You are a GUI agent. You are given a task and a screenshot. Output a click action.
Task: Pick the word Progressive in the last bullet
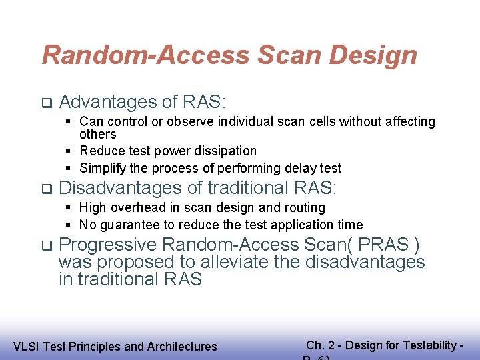tap(108, 244)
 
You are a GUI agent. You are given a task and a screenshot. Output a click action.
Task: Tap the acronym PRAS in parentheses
tap(392, 244)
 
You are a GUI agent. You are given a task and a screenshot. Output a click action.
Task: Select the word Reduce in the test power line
tap(101, 151)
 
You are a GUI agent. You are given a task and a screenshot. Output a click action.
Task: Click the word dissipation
tap(224, 151)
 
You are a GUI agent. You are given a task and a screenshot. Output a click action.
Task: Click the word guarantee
tap(127, 225)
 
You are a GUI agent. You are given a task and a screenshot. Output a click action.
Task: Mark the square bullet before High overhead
tap(69, 208)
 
